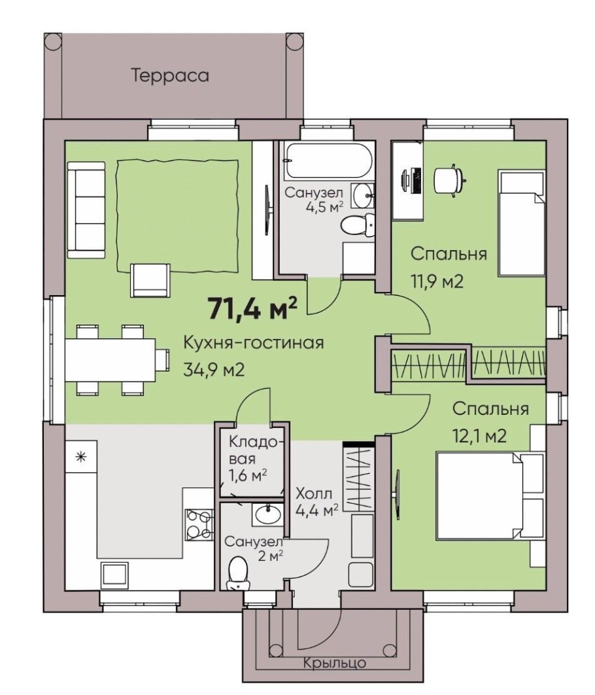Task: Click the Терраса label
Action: (x=170, y=75)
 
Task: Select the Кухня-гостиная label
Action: (x=254, y=343)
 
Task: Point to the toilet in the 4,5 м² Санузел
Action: (x=358, y=225)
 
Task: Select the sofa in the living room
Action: (x=87, y=209)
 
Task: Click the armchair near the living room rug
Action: (x=150, y=280)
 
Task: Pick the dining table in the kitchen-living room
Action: (x=110, y=360)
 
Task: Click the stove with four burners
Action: (x=199, y=524)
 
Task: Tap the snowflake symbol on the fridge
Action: (x=80, y=457)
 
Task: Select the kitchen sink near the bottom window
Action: (x=114, y=575)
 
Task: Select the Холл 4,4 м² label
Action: (x=317, y=502)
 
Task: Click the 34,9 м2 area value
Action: (x=214, y=369)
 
